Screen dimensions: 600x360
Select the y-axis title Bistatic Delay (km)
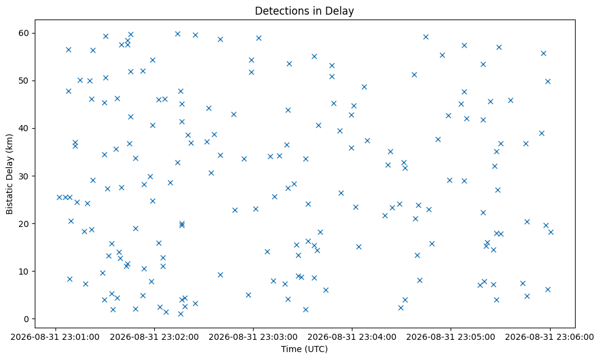(x=10, y=174)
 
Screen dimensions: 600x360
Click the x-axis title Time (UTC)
(x=304, y=349)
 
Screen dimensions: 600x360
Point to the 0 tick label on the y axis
(x=26, y=319)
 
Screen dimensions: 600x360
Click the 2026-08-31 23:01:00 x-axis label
(x=55, y=337)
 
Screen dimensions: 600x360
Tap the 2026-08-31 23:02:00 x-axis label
(x=154, y=337)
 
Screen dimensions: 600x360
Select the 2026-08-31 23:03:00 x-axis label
(x=253, y=337)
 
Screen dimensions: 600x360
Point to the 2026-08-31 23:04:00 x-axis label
(x=352, y=337)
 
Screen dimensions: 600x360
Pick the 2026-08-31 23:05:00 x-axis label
(x=451, y=337)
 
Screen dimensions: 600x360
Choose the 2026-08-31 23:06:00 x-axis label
(x=550, y=337)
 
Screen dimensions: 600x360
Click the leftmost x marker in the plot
(x=59, y=197)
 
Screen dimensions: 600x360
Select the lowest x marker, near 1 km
(x=180, y=314)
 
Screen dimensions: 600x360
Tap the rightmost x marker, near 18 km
(x=551, y=232)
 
